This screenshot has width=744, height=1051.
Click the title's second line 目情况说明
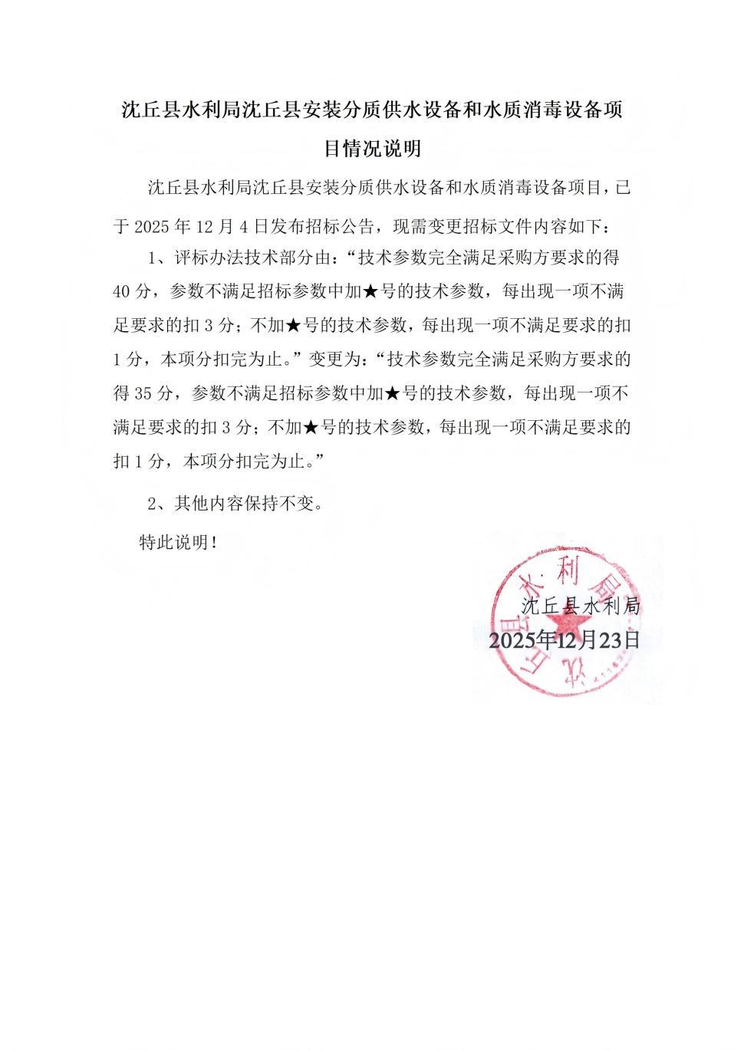[x=372, y=148]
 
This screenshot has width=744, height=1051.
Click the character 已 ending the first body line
[x=623, y=188]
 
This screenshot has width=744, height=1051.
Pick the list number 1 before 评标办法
[x=152, y=258]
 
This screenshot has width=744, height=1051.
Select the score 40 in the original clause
[x=125, y=292]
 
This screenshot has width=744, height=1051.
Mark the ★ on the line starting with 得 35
[x=391, y=394]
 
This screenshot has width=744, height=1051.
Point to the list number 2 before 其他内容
[x=152, y=504]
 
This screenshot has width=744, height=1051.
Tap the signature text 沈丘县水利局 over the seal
[x=581, y=606]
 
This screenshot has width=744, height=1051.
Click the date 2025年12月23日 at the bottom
[x=565, y=640]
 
